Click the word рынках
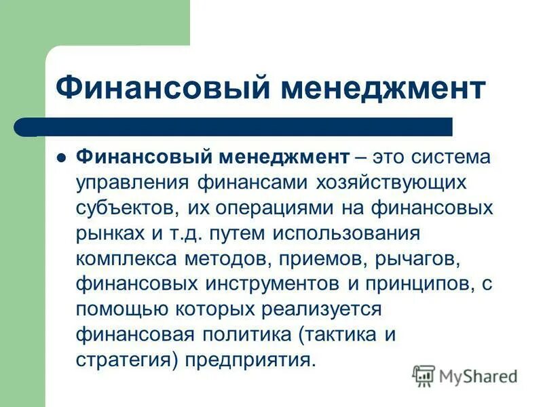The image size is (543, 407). [x=109, y=233]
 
